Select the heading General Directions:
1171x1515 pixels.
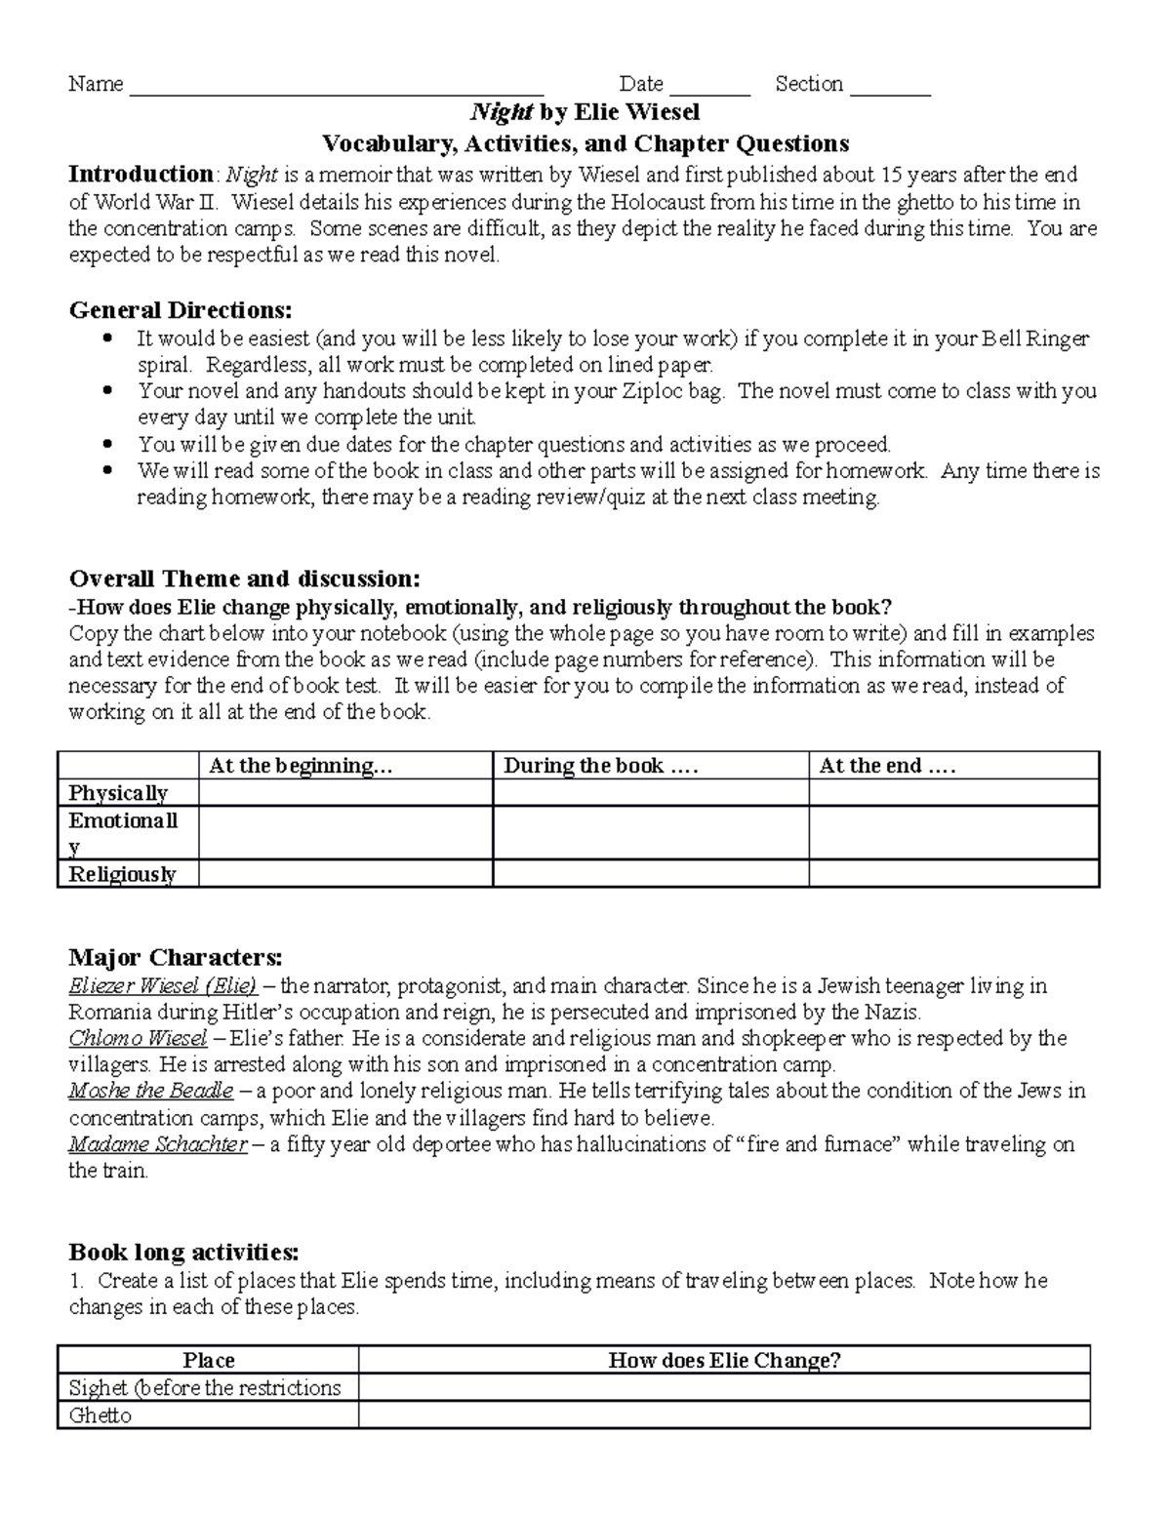click(x=180, y=310)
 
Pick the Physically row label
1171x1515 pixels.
click(x=118, y=793)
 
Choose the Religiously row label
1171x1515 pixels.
click(x=122, y=874)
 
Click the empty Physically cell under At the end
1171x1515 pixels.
click(x=953, y=793)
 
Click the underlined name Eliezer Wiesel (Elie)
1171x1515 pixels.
click(x=163, y=985)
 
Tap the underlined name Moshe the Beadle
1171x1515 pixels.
click(x=150, y=1091)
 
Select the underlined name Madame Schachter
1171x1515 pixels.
click(x=158, y=1143)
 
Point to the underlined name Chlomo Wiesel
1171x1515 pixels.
click(x=138, y=1038)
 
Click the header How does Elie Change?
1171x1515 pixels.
click(x=724, y=1360)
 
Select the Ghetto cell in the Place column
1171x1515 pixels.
click(x=101, y=1415)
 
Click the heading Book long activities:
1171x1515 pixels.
click(x=183, y=1252)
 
